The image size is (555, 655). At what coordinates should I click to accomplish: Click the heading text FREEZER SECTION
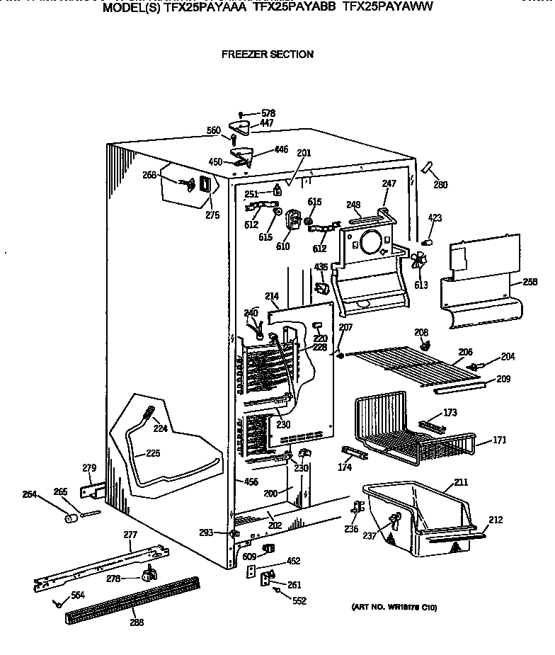267,54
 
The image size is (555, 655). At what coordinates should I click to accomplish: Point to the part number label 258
530,283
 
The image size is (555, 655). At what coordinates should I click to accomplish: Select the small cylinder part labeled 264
71,520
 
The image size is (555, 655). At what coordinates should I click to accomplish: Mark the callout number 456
250,482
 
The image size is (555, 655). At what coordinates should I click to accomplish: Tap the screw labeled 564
55,603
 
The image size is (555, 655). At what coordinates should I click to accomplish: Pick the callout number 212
495,520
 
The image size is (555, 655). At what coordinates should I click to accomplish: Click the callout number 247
389,183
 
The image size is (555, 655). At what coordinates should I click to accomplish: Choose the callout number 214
272,296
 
